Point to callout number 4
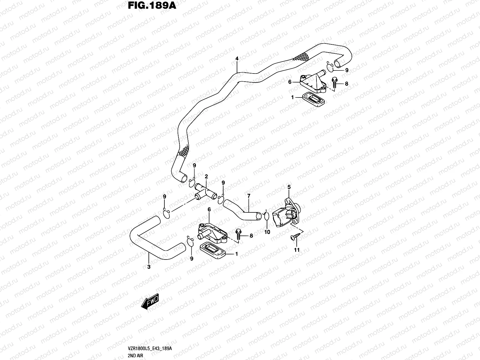237,59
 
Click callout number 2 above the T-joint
206,176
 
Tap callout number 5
289,187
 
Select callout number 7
249,196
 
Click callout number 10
267,232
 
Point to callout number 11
297,250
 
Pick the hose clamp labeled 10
266,217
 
